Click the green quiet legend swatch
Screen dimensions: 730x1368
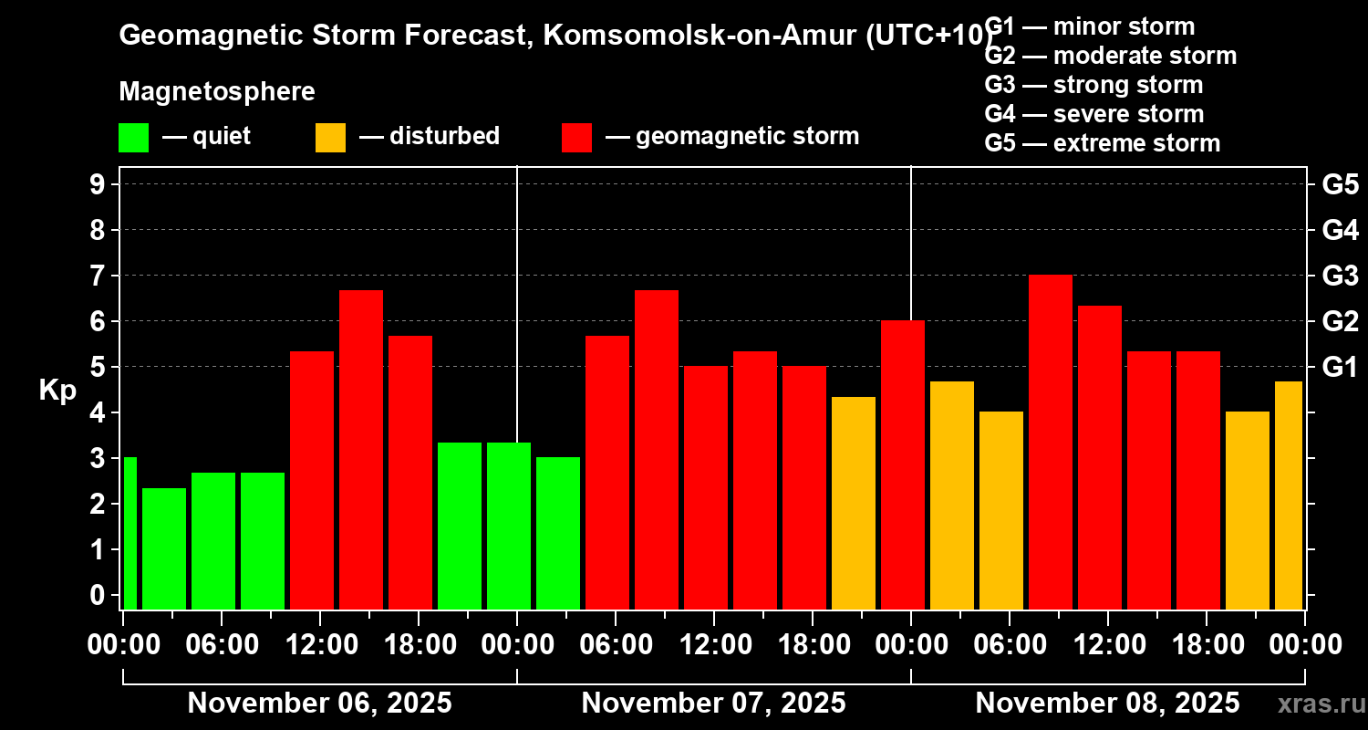coord(133,137)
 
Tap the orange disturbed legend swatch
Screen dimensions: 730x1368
coord(330,137)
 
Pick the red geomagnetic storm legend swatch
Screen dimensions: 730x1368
coord(576,137)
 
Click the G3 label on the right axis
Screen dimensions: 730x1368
coord(1340,276)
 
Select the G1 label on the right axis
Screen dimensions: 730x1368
coord(1340,367)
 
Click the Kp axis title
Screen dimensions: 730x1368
coord(57,390)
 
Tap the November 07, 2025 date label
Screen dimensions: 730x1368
coord(713,704)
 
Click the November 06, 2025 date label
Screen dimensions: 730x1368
coord(319,704)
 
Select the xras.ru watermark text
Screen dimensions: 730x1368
coord(1320,704)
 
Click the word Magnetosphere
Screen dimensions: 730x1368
coord(217,92)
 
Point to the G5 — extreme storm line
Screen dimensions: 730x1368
coord(1102,143)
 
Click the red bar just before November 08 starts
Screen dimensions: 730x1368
coord(902,464)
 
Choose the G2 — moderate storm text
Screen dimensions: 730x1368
coord(1110,56)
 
